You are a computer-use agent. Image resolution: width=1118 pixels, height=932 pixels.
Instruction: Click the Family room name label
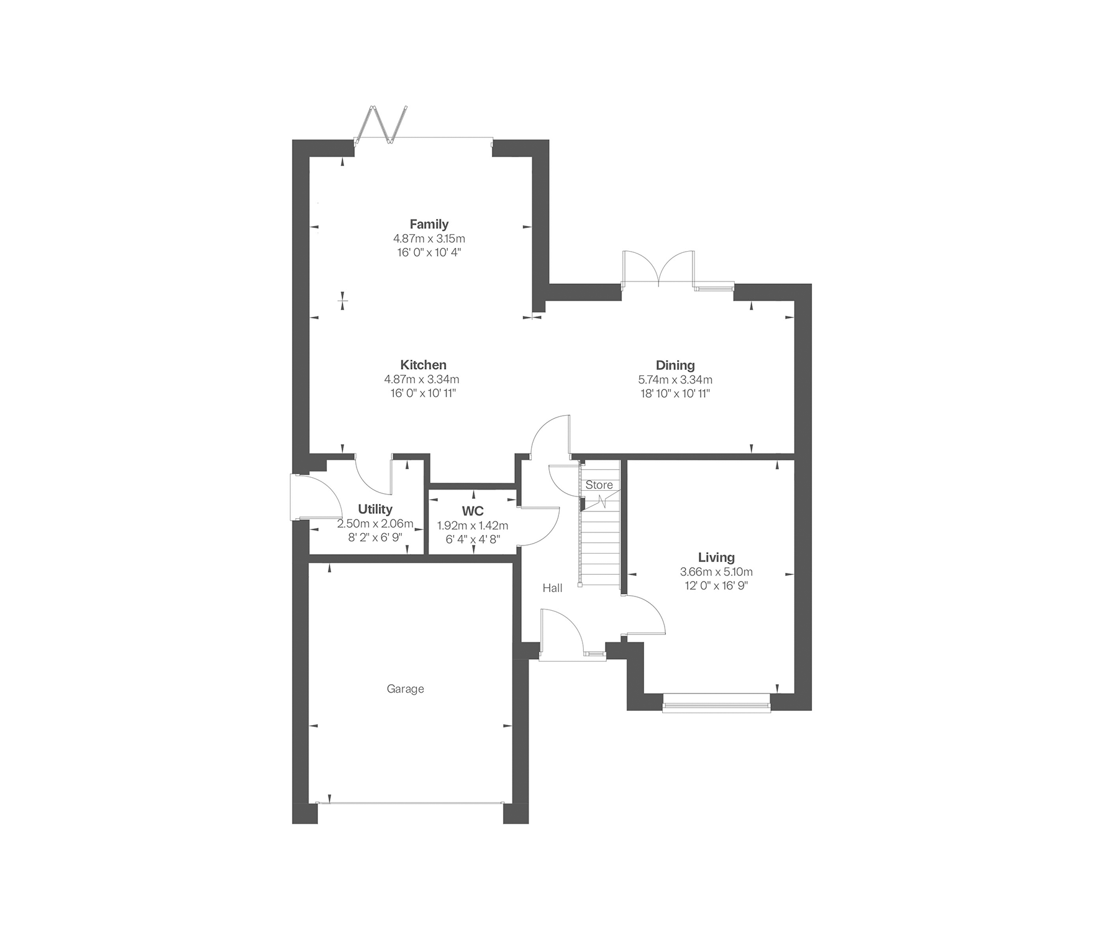429,224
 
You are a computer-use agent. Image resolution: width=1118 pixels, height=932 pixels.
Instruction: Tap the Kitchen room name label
423,365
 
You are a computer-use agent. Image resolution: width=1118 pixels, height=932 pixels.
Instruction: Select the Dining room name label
675,365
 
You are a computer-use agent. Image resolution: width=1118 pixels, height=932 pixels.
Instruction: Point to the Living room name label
716,557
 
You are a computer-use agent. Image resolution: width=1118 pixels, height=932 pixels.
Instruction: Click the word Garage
405,688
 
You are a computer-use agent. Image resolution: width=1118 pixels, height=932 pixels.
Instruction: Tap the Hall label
552,587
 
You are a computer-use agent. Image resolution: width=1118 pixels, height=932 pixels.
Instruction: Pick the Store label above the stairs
599,485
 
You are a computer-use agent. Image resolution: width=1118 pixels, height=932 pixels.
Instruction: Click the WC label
473,511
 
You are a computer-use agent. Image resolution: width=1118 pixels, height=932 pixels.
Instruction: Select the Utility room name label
375,509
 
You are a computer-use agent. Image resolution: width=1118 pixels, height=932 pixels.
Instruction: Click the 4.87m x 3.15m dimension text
429,238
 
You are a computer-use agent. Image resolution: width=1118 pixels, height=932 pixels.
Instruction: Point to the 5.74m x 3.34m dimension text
675,379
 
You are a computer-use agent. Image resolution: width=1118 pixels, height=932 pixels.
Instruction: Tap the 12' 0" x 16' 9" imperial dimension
716,585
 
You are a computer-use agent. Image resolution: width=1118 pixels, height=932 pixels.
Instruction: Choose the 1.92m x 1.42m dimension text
473,525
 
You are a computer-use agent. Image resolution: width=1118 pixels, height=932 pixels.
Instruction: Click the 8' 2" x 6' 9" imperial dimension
375,537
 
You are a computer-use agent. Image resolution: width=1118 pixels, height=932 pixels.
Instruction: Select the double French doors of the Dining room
658,268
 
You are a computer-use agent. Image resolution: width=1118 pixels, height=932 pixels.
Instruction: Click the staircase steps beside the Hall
600,537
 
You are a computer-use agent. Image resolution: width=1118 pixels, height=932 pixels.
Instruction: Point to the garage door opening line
410,803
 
